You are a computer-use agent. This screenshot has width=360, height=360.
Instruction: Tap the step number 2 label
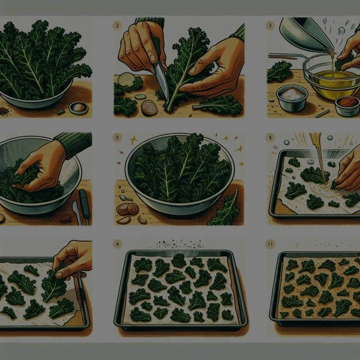pos(117,26)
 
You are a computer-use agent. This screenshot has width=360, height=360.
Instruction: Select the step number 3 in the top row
pos(271,26)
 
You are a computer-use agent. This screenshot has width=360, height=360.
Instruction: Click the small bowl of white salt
pos(292,95)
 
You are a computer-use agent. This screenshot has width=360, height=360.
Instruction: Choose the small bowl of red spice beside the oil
pos(346,104)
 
